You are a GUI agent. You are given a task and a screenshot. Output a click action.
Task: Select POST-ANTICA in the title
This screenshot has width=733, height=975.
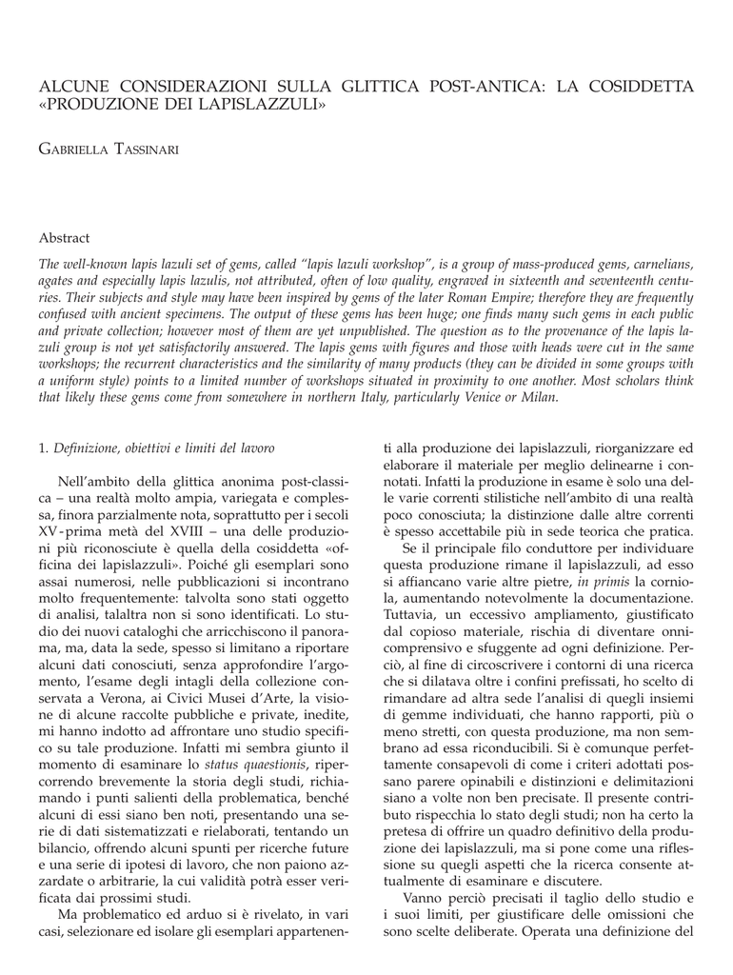point(456,87)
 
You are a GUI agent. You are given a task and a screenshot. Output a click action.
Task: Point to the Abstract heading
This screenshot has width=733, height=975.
point(64,237)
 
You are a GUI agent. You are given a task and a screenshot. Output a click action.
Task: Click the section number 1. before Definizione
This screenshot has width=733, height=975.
point(44,447)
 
